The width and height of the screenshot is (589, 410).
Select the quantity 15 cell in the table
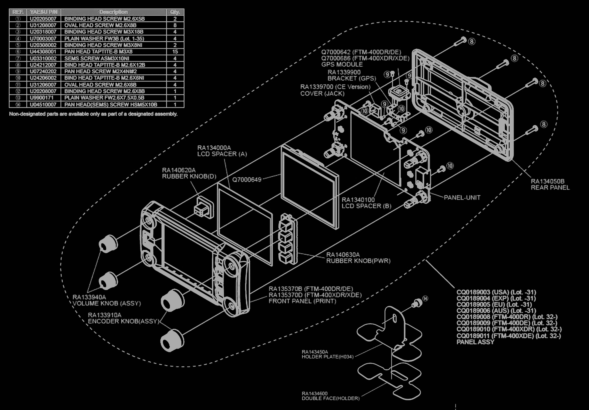[x=175, y=52]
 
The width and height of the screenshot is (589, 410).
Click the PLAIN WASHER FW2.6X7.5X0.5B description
[x=104, y=98]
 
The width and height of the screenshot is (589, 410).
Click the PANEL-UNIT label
[x=462, y=198]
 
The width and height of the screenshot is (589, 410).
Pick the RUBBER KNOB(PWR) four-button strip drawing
[x=287, y=239]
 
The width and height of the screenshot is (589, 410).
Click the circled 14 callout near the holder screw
[x=425, y=298]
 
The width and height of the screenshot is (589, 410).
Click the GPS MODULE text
[x=342, y=64]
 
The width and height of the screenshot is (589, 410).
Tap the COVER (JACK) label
[x=322, y=93]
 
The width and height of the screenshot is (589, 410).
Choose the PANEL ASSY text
[x=475, y=342]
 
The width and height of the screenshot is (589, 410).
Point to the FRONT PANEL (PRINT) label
[x=302, y=301]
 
